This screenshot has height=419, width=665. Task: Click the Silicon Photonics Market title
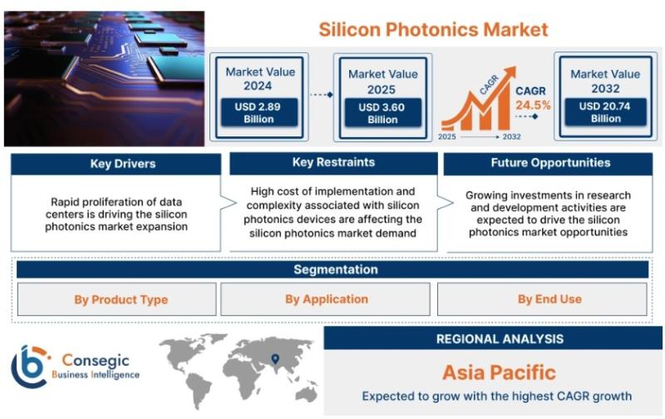point(433,30)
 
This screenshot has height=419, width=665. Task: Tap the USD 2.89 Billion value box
point(259,112)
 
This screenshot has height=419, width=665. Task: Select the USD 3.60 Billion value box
point(382,113)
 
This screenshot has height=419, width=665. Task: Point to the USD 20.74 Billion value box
point(605,112)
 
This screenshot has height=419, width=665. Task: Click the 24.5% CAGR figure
point(533,106)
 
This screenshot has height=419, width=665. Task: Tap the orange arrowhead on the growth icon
point(510,72)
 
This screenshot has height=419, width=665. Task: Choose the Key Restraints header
point(333,163)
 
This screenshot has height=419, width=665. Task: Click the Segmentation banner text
point(336,269)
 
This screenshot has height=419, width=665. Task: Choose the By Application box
point(325,299)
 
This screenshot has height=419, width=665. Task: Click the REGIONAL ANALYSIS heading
point(500,339)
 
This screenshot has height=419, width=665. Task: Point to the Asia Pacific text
point(500,372)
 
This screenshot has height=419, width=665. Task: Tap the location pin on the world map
point(275,359)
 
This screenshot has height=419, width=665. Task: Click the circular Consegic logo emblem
point(30,367)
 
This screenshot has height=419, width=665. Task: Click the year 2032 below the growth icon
point(511,136)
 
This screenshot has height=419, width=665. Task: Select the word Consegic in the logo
point(96,361)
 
